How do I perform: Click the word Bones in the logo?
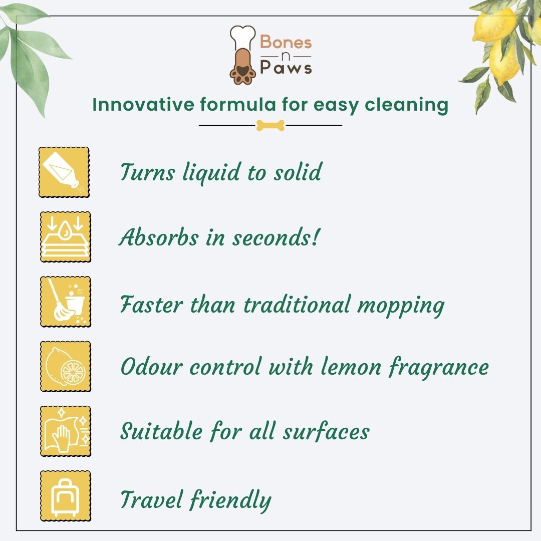click(x=286, y=42)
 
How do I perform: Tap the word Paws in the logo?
click(x=286, y=67)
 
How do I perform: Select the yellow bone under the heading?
click(x=270, y=126)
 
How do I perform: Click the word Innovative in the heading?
click(x=143, y=105)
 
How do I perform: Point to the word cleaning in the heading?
click(x=407, y=105)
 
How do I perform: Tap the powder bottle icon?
click(x=64, y=172)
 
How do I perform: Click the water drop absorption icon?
click(x=66, y=237)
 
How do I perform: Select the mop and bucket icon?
click(x=66, y=302)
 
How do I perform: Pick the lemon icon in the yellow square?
click(x=66, y=366)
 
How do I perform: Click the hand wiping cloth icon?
click(x=66, y=431)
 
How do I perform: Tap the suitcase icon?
click(x=66, y=496)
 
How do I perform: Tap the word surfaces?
click(x=327, y=431)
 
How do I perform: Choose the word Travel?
click(x=151, y=499)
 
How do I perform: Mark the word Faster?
click(x=151, y=305)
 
